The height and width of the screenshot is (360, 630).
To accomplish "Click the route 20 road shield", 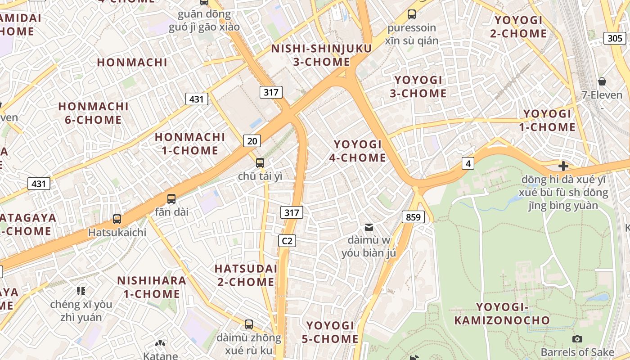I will (252, 141).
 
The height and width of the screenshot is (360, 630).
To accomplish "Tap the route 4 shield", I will (468, 163).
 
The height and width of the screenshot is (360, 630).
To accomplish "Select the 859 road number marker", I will (413, 218).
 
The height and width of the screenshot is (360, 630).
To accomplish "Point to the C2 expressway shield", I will (287, 241).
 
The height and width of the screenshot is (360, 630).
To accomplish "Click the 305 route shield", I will (615, 38).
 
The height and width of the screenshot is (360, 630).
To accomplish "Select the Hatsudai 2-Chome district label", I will (245, 275).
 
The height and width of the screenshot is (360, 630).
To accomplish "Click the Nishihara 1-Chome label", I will (152, 287).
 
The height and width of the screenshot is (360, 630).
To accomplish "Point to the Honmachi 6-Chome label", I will (93, 113).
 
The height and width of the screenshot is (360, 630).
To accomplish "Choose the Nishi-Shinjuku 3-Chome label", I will (321, 55).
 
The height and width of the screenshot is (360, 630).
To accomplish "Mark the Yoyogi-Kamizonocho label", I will (502, 314).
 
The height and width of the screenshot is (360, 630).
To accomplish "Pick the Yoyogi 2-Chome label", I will (521, 27).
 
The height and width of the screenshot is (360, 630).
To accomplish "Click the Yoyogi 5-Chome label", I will (332, 332).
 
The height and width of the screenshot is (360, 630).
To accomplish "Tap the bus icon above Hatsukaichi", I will (117, 219).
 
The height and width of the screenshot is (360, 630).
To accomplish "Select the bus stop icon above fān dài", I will (171, 198).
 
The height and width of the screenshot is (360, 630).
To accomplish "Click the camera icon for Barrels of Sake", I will (577, 339).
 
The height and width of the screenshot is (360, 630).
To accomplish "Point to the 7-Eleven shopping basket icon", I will (602, 81).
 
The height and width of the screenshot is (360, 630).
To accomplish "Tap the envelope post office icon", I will (369, 227).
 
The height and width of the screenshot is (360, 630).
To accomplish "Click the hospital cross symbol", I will (563, 166).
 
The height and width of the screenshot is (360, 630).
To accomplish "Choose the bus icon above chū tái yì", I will (260, 162).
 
